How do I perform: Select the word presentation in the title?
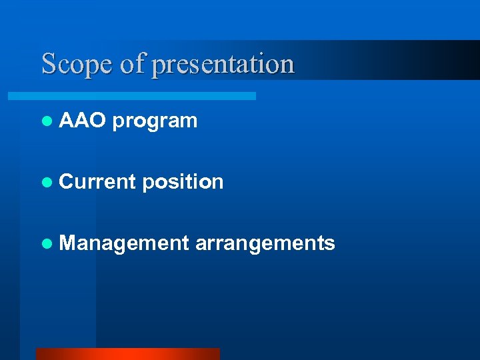(223, 64)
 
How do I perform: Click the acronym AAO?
(82, 121)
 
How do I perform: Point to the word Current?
(97, 181)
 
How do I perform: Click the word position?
(183, 182)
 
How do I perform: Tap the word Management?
(124, 243)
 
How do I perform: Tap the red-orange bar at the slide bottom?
(127, 354)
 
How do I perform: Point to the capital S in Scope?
(49, 64)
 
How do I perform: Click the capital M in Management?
(68, 243)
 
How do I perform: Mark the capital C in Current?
(67, 181)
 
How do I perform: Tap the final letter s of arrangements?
(330, 245)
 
